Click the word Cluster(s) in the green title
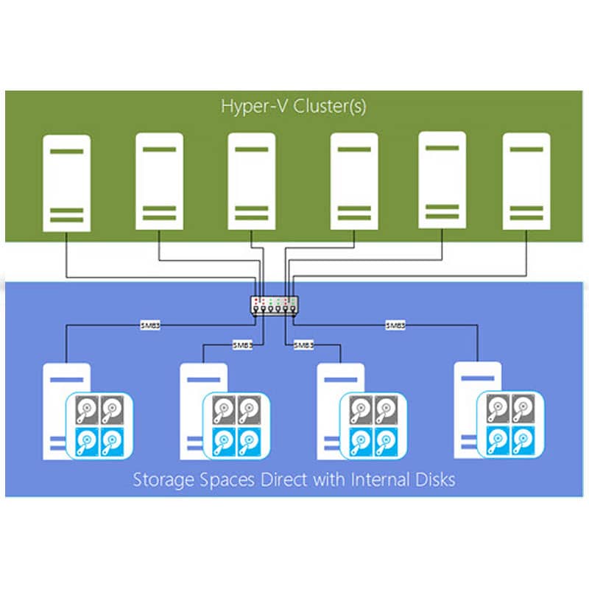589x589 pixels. coord(329,106)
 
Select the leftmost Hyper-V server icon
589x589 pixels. coord(66,183)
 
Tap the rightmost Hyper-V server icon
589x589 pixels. coord(526,181)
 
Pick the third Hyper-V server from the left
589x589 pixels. coord(251,181)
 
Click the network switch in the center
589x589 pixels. coord(275,306)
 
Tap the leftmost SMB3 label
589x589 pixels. coord(150,325)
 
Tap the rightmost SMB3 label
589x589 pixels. coord(395,325)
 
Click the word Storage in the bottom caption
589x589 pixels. coord(163,480)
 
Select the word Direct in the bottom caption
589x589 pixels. coord(284,480)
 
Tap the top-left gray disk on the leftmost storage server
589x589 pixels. coord(87,409)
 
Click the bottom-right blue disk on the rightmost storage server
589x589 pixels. coord(523,440)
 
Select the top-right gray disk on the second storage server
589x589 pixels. coord(250,409)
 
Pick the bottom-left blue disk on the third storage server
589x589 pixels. coord(361,441)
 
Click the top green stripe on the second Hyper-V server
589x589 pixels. coord(159,149)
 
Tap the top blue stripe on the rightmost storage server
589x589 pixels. coord(477,378)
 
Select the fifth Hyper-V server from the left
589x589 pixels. coord(442,180)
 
